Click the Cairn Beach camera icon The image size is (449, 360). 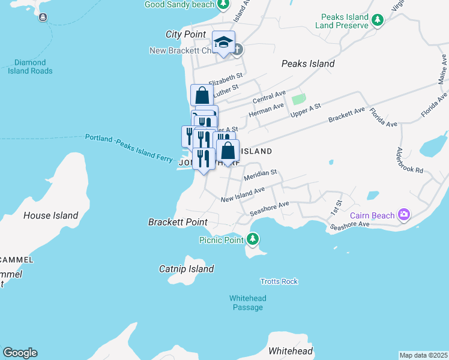point(404,214)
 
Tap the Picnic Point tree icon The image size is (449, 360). point(253,239)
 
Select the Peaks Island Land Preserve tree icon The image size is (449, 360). point(378,21)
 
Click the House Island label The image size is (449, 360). point(51,215)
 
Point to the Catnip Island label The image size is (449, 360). point(187,269)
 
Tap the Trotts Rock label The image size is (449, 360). point(279,281)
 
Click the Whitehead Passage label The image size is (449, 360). point(247,303)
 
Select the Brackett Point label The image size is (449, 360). point(178,222)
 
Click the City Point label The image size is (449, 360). point(185,34)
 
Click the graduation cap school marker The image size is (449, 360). point(223,43)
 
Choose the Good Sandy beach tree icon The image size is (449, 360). point(223,5)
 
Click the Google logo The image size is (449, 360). point(20,353)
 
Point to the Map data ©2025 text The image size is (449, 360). point(423,355)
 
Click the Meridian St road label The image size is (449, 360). point(260,175)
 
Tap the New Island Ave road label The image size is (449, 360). point(243,194)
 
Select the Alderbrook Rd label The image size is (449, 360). point(411,161)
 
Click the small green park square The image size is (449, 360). point(298,98)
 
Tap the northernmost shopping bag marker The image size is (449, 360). point(202,95)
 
